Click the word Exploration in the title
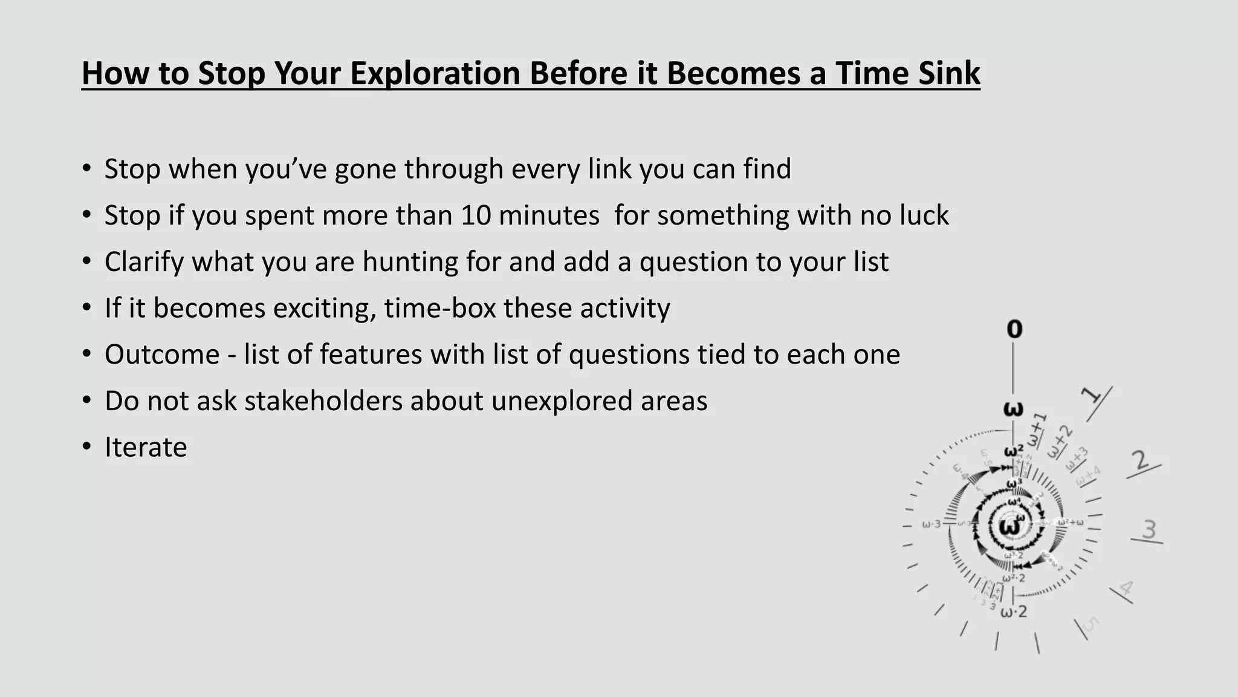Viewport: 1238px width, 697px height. click(x=434, y=73)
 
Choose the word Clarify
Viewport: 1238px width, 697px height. click(x=144, y=262)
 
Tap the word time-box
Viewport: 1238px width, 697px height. click(x=439, y=308)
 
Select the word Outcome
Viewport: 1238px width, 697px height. click(x=162, y=355)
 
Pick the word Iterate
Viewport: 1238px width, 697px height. click(x=146, y=448)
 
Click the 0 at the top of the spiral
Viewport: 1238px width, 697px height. click(x=1014, y=329)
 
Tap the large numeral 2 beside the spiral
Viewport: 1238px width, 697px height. click(x=1141, y=461)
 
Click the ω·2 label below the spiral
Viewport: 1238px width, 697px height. click(x=1014, y=612)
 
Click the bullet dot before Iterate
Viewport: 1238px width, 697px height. click(x=87, y=448)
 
